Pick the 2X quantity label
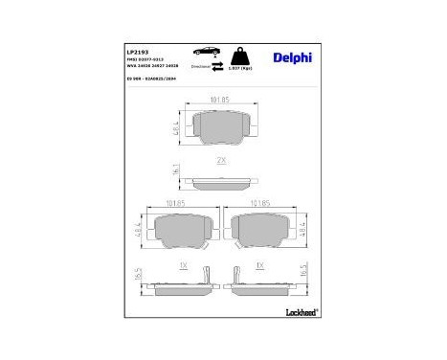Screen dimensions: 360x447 221,159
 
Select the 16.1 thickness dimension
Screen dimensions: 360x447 177,169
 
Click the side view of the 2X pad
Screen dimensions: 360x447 221,179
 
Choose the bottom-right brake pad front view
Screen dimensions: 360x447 264,231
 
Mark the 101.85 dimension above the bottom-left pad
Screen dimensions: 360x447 175,203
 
